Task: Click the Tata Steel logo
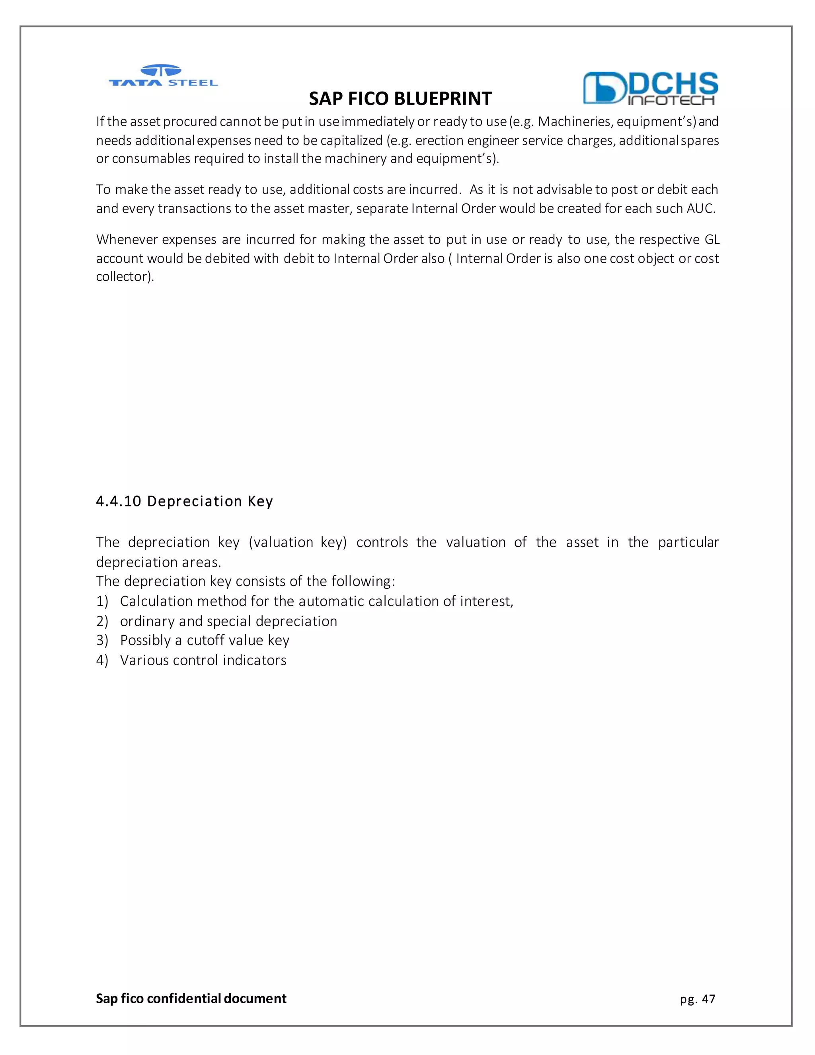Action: pyautogui.click(x=163, y=76)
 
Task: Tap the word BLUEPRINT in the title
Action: pyautogui.click(x=443, y=99)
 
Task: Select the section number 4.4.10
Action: pyautogui.click(x=118, y=501)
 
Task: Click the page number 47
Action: pyautogui.click(x=708, y=999)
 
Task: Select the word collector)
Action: pyautogui.click(x=125, y=277)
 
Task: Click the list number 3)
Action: pyautogui.click(x=102, y=641)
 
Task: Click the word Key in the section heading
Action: pyautogui.click(x=260, y=501)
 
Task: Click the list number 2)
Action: pyautogui.click(x=102, y=621)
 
